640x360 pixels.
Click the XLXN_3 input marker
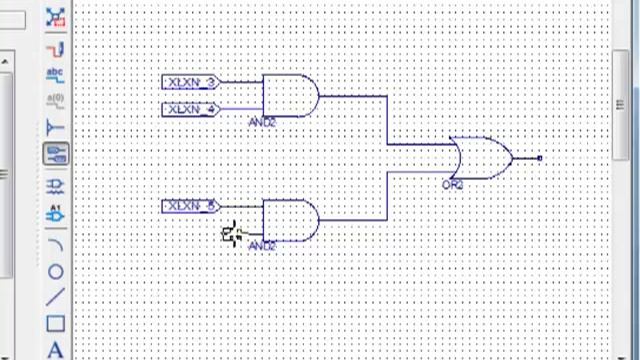click(190, 82)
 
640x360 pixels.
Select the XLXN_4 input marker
click(190, 109)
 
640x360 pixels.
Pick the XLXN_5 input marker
click(190, 207)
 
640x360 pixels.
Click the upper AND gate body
click(289, 96)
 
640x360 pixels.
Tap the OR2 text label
click(453, 185)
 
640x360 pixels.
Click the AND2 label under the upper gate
click(262, 122)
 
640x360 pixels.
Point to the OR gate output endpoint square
click(540, 158)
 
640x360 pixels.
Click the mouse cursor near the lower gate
click(232, 235)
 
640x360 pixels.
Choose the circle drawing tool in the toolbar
click(55, 271)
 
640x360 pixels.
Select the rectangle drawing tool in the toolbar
click(55, 323)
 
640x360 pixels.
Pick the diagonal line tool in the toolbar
click(55, 297)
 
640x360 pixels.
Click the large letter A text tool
click(55, 349)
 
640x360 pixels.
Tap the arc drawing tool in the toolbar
click(55, 244)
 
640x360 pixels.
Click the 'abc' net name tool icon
click(55, 74)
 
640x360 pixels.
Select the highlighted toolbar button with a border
click(55, 154)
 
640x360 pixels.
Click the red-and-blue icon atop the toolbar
click(55, 17)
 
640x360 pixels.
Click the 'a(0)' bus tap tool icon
click(55, 100)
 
